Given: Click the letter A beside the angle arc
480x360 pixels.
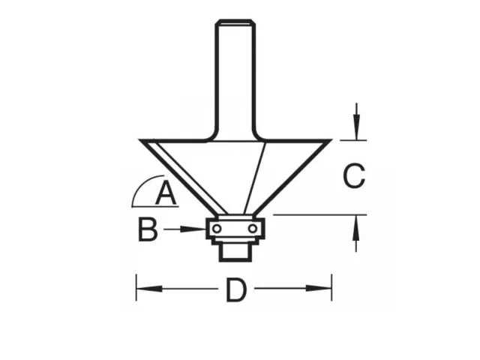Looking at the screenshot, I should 166,195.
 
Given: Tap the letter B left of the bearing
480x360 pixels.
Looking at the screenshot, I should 148,230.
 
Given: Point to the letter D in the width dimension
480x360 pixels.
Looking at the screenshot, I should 236,291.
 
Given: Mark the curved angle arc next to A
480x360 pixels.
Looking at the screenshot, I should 140,187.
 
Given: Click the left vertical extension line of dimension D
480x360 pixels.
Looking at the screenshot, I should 136,289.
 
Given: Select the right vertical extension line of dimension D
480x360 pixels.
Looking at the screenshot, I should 331,289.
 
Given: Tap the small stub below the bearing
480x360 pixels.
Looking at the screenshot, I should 236,251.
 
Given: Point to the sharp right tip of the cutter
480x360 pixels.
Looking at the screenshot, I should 331,140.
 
